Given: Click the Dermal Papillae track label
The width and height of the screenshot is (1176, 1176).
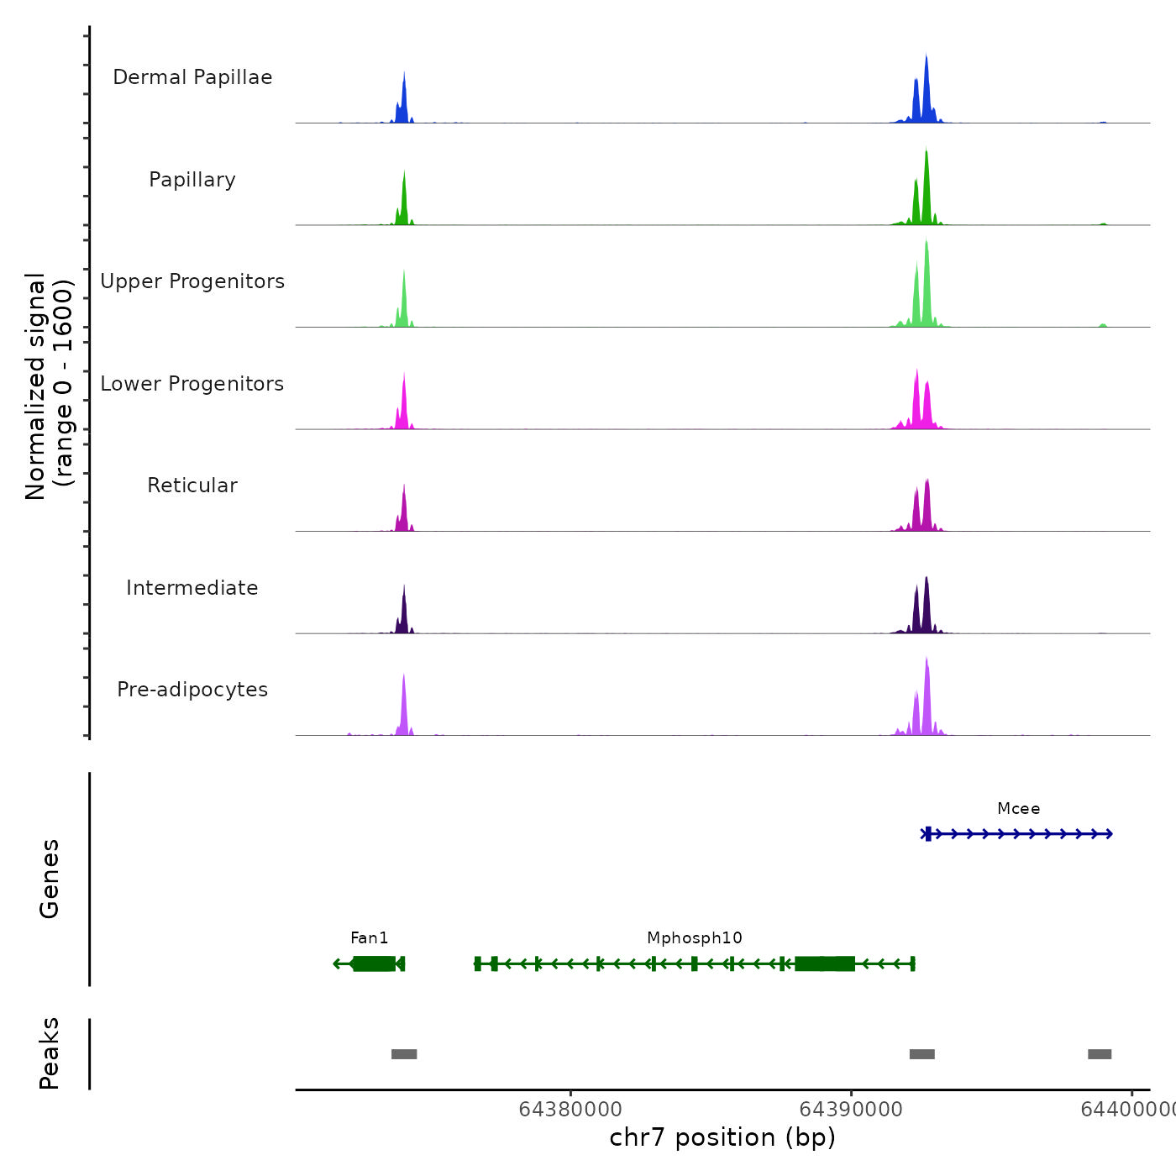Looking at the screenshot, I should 192,77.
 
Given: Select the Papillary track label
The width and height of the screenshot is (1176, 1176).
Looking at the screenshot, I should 192,180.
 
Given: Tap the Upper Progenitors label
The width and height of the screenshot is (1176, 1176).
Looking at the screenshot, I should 192,281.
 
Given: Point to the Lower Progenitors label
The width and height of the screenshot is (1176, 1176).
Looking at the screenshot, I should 192,384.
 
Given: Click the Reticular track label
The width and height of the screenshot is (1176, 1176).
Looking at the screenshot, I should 192,486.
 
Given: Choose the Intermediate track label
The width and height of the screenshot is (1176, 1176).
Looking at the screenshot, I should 192,588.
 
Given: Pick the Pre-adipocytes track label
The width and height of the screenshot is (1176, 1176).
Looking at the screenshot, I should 192,690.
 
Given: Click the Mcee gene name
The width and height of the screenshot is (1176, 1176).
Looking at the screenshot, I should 1018,809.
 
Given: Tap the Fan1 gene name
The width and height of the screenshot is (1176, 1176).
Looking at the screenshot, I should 370,938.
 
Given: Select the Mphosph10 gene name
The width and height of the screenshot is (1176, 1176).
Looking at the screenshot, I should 695,938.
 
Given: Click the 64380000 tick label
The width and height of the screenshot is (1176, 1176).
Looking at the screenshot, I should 570,1110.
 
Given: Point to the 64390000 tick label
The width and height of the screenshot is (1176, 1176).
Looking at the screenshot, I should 851,1110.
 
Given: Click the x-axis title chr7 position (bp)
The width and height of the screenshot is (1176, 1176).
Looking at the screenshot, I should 722,1137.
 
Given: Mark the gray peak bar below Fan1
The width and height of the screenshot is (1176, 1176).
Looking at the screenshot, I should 404,1054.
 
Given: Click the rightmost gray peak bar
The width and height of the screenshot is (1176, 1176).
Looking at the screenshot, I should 1100,1054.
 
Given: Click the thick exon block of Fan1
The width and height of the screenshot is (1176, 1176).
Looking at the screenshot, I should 374,963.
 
